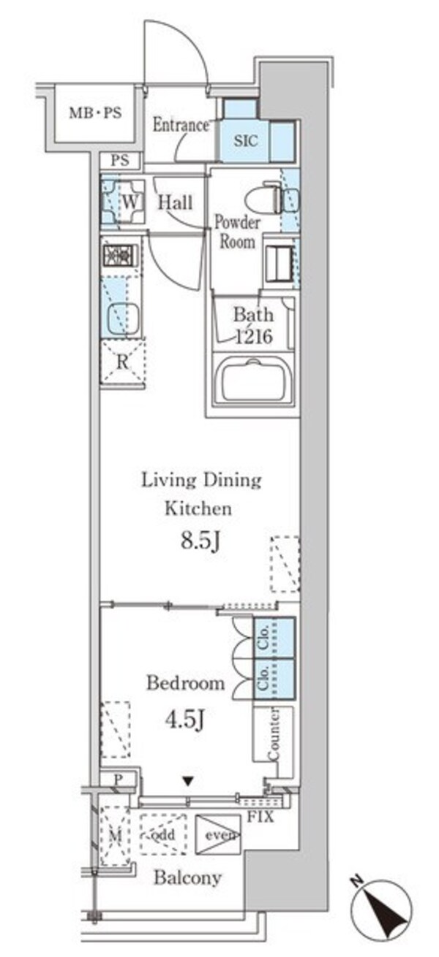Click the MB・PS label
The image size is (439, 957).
point(96,113)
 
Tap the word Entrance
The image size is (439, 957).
point(181,125)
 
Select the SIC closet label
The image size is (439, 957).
point(246,140)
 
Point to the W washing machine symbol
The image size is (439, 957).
point(124,201)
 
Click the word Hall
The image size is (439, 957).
point(175,202)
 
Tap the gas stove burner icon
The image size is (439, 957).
point(120,256)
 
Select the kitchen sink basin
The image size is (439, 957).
point(124,319)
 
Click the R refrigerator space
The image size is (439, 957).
point(123,362)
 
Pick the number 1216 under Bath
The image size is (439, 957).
point(254,337)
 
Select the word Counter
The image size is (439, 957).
point(274,734)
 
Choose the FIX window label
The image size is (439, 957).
point(260,817)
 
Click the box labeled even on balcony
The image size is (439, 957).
point(218,835)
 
